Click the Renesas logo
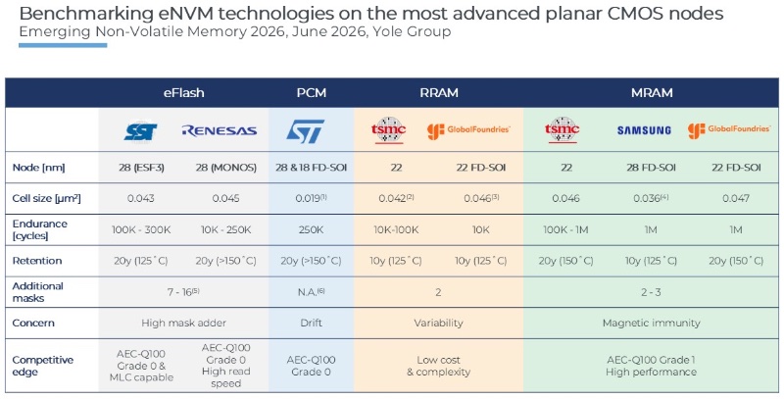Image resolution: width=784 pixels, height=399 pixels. coord(219,131)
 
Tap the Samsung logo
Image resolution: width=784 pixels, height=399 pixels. coord(644,130)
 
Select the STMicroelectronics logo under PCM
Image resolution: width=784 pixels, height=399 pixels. coord(305,131)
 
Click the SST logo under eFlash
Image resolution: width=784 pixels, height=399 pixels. coord(140,131)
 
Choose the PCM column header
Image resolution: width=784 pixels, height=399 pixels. coord(311,93)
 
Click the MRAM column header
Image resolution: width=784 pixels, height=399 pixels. coord(652,93)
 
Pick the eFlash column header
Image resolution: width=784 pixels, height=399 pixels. coord(183,93)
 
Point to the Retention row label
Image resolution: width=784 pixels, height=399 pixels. coord(37,261)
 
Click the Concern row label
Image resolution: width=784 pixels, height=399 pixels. coord(33,323)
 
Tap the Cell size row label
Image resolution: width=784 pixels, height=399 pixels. coord(46,198)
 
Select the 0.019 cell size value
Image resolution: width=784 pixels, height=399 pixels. coord(311,198)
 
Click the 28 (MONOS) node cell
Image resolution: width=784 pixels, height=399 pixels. coord(225,168)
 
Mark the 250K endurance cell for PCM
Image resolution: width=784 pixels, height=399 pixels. coord(311,230)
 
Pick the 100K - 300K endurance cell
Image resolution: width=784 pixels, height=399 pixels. coord(141,230)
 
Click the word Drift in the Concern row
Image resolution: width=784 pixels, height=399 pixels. coord(311,323)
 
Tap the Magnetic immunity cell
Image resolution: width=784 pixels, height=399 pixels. coord(651,323)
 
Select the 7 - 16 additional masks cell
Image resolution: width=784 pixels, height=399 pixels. coord(183,292)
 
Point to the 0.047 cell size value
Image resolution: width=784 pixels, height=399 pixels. coord(736,198)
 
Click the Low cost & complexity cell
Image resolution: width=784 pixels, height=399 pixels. coord(438,366)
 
